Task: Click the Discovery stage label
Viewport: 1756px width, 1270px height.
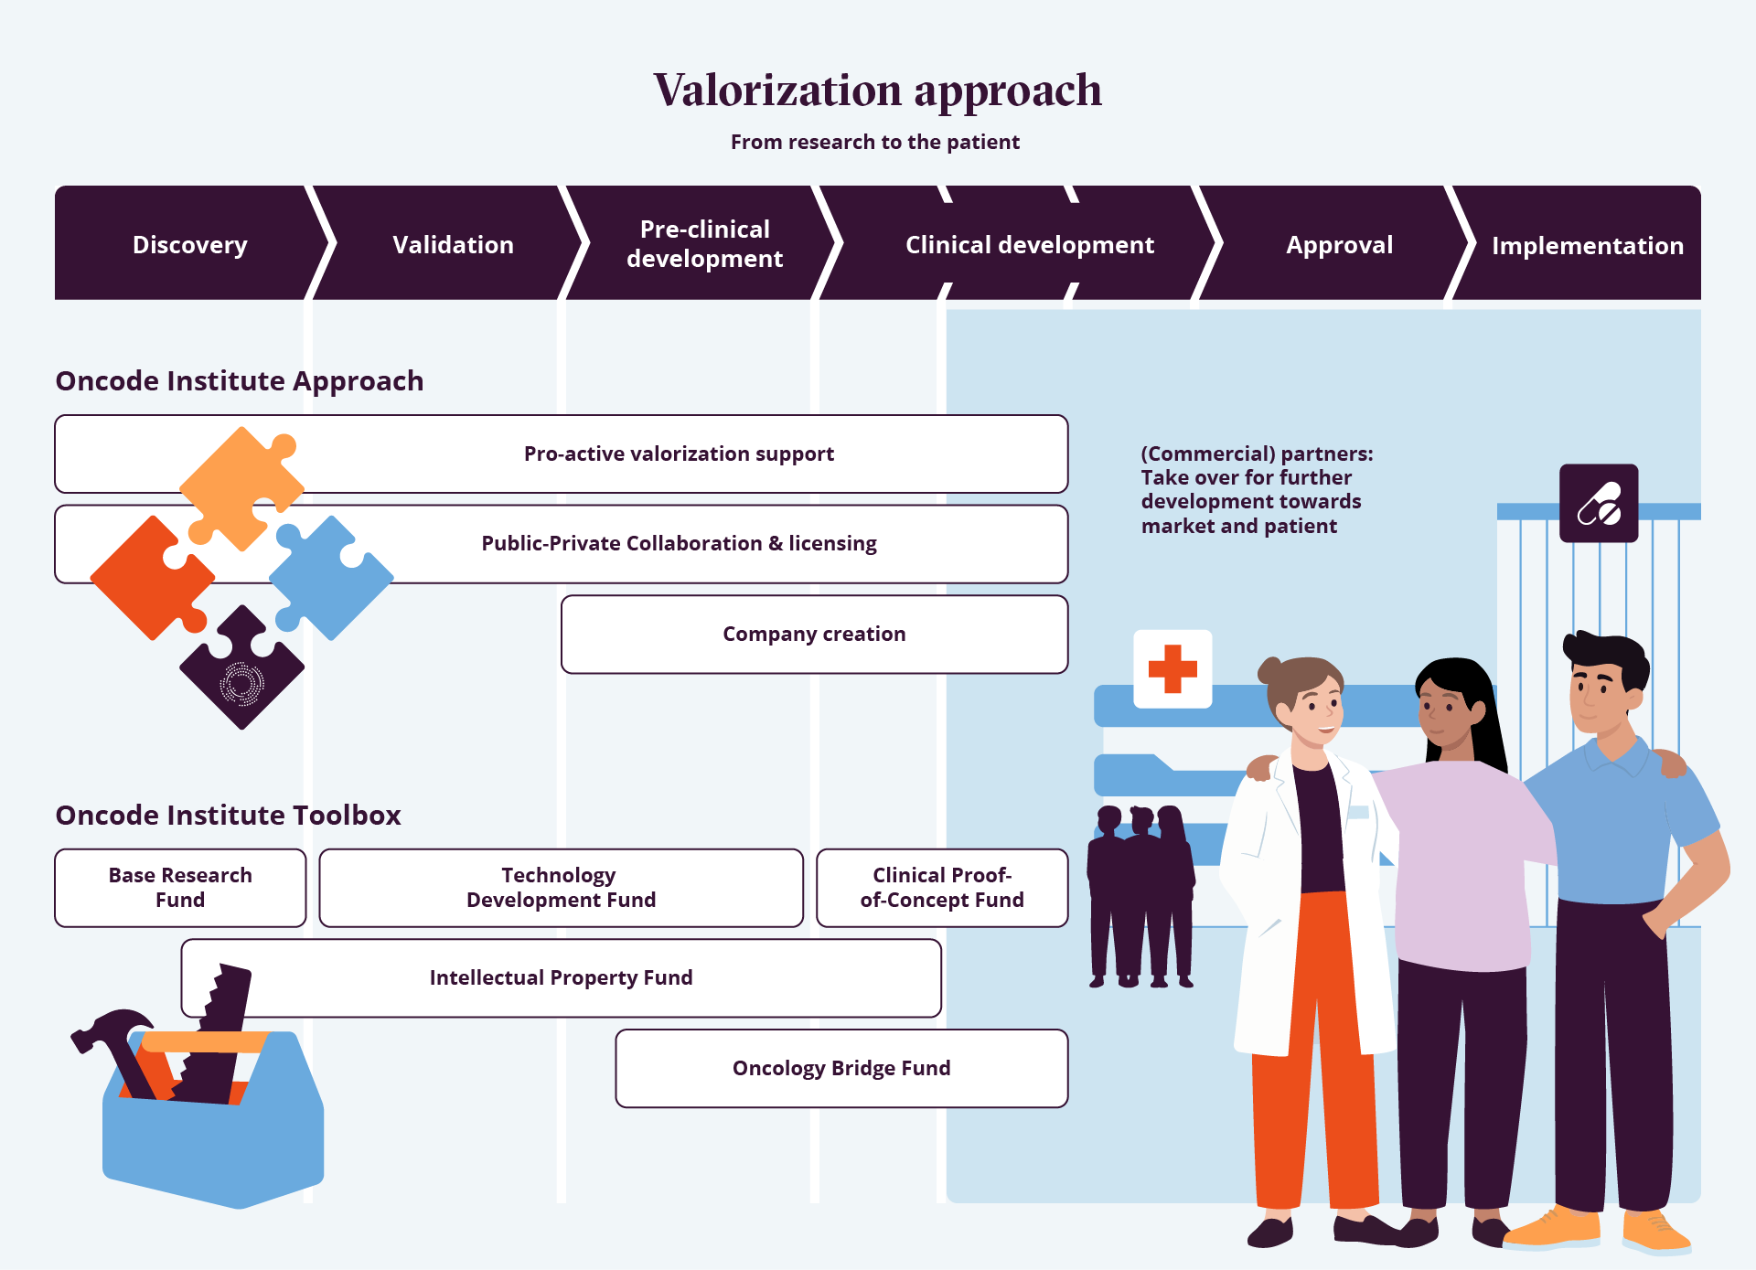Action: [x=189, y=245]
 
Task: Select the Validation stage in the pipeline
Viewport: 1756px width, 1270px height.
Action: [x=453, y=245]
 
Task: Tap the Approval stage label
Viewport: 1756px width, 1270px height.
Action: [x=1339, y=245]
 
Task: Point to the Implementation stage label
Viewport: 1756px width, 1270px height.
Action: [x=1587, y=246]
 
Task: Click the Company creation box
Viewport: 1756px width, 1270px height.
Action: [x=814, y=635]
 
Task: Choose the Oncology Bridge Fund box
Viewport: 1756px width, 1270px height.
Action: [x=841, y=1068]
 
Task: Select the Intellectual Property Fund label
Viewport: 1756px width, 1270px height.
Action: [x=561, y=978]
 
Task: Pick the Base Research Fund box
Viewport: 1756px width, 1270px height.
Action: [x=180, y=888]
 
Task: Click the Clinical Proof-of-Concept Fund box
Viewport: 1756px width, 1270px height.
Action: [x=941, y=888]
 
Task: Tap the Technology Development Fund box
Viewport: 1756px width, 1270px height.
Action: [x=561, y=888]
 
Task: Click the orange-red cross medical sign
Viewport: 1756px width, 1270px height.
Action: [x=1172, y=668]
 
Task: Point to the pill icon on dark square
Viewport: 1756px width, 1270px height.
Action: [x=1599, y=504]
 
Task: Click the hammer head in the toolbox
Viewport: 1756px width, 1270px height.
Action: [x=110, y=1028]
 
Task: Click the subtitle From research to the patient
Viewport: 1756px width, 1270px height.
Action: [x=874, y=143]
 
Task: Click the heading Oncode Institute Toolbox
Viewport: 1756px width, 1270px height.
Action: [x=228, y=815]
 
